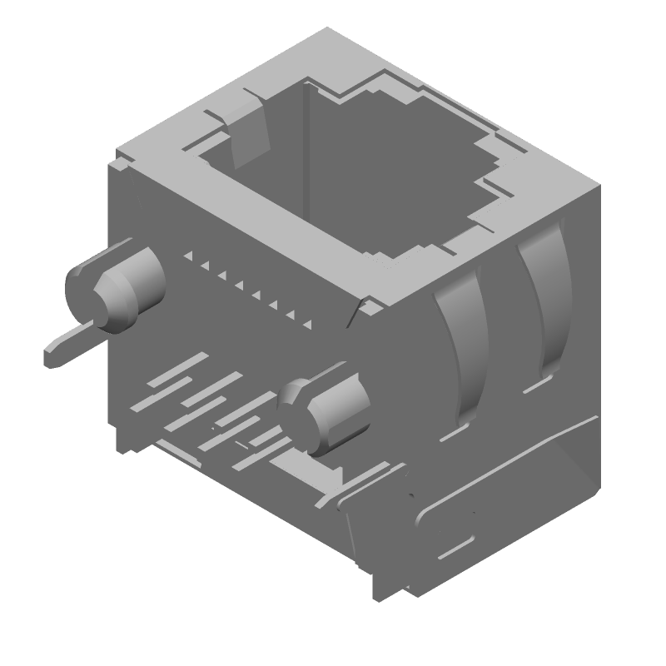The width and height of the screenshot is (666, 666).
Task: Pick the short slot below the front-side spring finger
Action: point(453,435)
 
